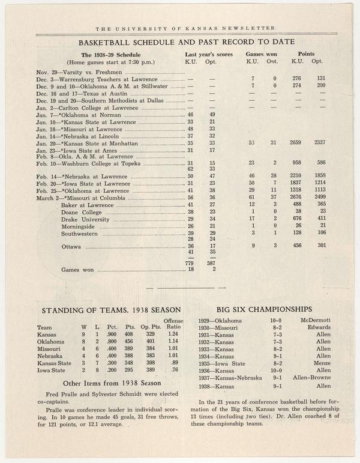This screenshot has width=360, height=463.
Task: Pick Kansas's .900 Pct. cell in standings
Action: pos(112,334)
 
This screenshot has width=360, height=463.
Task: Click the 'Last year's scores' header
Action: pos(209,54)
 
